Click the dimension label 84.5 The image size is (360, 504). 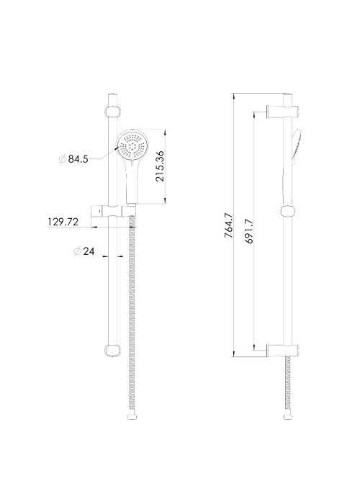(x=78, y=159)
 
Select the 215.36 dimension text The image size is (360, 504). (x=160, y=166)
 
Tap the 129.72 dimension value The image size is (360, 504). (x=63, y=222)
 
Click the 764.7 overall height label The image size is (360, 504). (x=228, y=225)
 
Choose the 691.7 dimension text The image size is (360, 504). (x=250, y=231)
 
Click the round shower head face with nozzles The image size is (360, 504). (x=132, y=147)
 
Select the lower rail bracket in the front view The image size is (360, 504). (x=112, y=351)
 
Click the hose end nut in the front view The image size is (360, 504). (x=132, y=417)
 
